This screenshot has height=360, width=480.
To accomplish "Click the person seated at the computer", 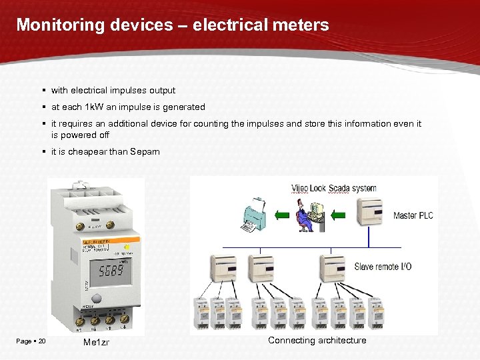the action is (x=306, y=212).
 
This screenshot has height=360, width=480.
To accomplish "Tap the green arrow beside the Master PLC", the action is (x=339, y=214).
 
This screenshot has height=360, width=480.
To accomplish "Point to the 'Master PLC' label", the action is (x=413, y=215).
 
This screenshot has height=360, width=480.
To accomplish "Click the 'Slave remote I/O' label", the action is (x=383, y=267).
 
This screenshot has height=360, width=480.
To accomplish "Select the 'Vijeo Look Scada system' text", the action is (x=334, y=188).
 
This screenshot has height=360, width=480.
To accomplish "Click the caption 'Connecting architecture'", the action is (x=317, y=340).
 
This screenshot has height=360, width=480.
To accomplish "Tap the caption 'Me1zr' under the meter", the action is (x=97, y=342).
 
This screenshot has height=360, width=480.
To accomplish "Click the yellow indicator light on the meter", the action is (x=126, y=247).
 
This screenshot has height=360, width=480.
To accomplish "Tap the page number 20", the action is (x=42, y=341).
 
